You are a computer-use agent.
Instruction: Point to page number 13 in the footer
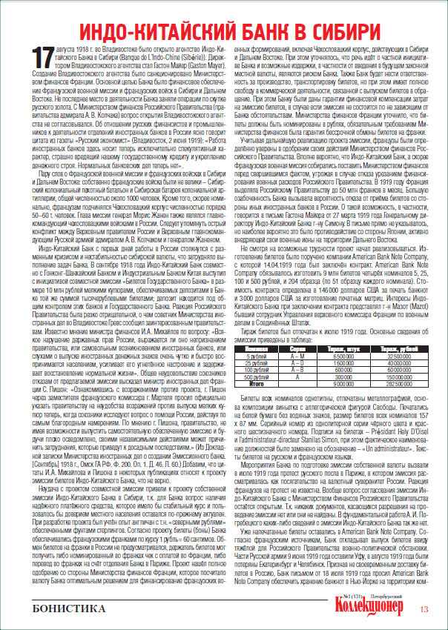click(x=424, y=610)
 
